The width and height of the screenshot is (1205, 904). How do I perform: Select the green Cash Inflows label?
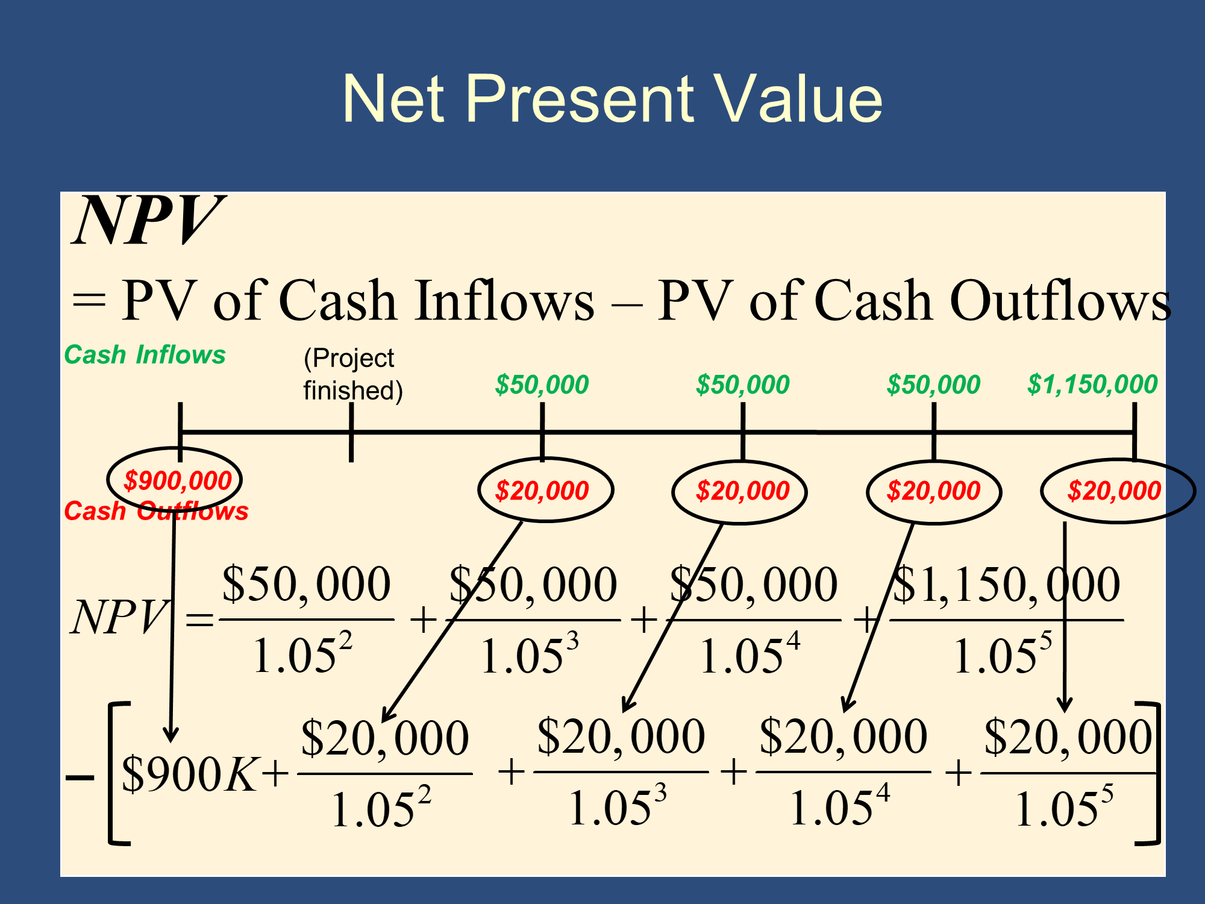click(145, 354)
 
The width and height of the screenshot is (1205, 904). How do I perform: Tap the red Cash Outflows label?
click(156, 511)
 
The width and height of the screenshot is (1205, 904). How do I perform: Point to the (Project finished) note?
click(353, 374)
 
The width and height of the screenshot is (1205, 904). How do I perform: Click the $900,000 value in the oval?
click(178, 481)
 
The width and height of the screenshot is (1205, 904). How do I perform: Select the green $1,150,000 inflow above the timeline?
click(1092, 385)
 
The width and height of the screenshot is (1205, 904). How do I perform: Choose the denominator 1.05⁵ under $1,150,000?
click(1003, 653)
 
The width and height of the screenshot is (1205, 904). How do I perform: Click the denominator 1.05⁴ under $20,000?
click(840, 806)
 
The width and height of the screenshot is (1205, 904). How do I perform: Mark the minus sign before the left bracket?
click(80, 777)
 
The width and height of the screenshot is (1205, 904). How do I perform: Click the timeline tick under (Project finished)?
click(351, 432)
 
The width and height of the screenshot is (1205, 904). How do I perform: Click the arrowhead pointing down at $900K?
click(171, 734)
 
